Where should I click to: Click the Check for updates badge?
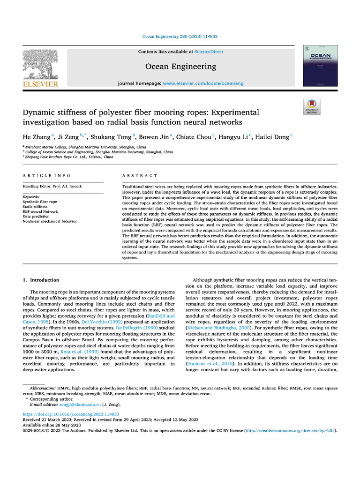[311, 107]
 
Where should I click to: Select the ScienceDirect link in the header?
[209, 52]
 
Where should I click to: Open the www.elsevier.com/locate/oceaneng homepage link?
[203, 83]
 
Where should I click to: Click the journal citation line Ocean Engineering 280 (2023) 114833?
[180, 36]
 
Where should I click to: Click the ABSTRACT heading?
[140, 175]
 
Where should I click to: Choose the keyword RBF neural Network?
[40, 211]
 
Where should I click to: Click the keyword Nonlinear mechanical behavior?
[50, 221]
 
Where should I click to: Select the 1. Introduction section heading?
[41, 280]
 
